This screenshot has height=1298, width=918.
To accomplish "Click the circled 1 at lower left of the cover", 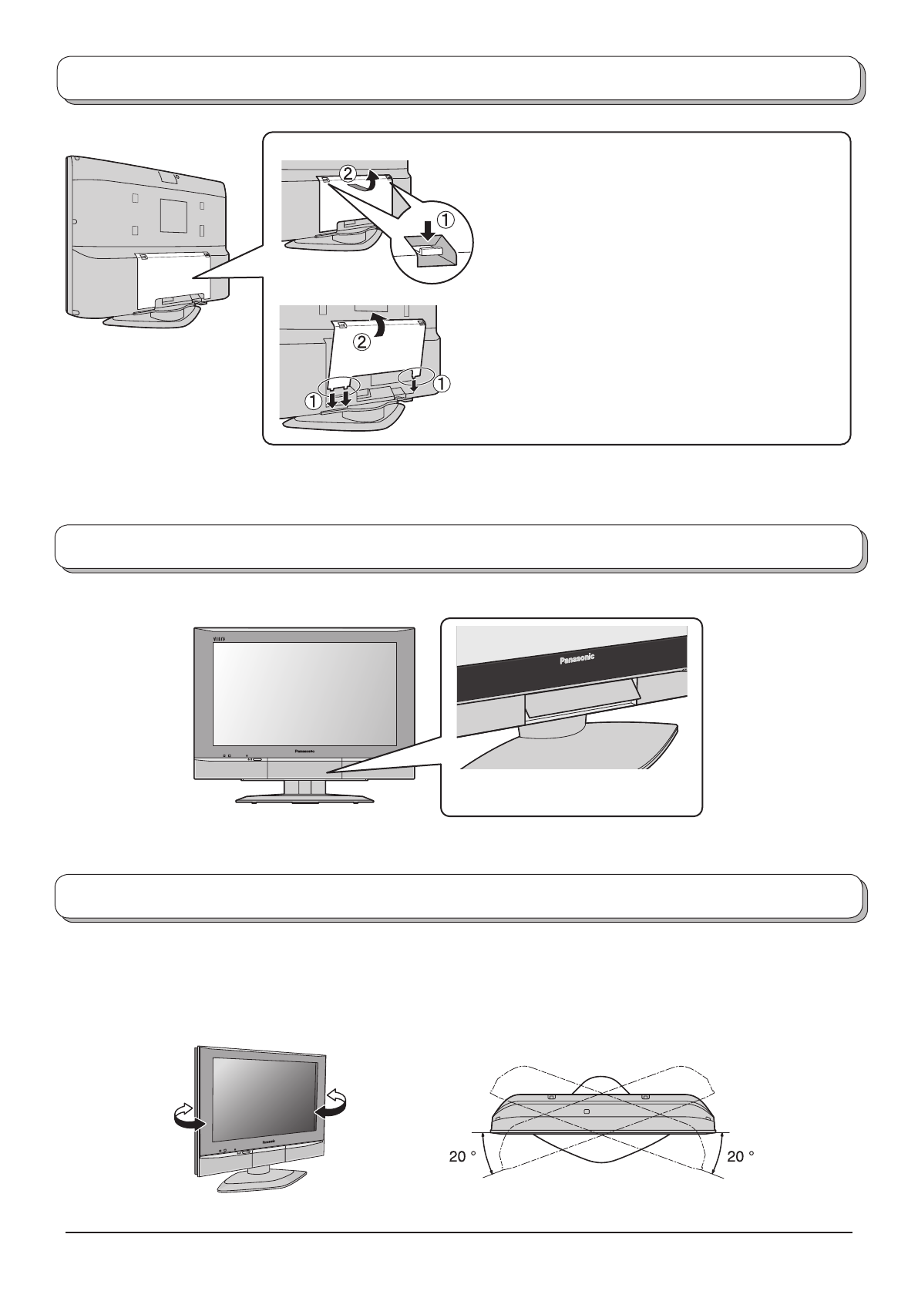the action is click(313, 401).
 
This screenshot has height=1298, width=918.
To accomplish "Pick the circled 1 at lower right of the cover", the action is click(443, 382).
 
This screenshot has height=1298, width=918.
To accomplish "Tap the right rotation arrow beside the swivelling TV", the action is click(332, 1102).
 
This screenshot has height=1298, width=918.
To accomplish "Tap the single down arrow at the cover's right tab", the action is click(414, 383).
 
